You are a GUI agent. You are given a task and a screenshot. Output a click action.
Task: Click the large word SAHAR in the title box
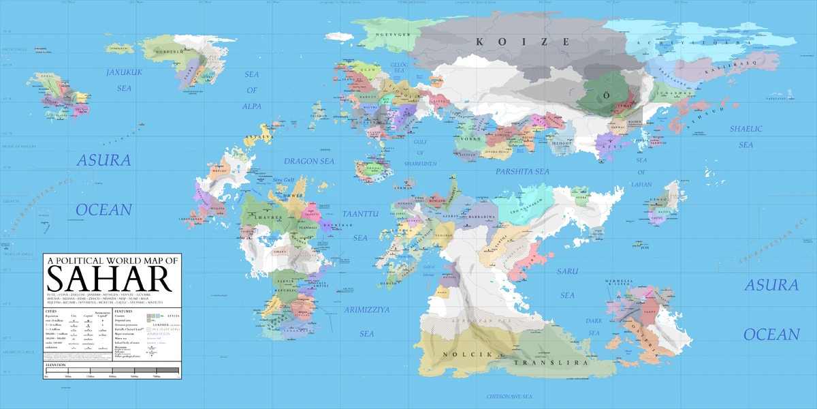click(107, 279)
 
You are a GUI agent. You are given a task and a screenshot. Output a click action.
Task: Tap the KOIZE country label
click(523, 42)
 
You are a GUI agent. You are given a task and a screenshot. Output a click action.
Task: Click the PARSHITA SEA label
click(522, 172)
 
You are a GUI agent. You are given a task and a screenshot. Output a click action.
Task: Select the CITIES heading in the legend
click(52, 309)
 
